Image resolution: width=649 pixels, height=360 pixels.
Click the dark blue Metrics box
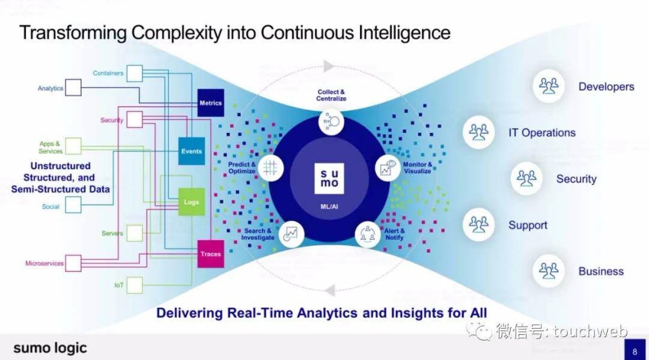[x=210, y=103]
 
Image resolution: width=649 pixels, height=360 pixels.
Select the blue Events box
[x=192, y=151]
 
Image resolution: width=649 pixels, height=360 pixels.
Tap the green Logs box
[x=191, y=203]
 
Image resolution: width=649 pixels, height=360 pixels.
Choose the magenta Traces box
[x=210, y=254]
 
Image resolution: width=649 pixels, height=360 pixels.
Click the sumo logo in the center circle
[x=329, y=177]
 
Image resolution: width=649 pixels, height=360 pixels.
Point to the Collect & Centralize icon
[x=331, y=121]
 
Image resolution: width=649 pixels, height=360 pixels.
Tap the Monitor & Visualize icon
[x=388, y=168]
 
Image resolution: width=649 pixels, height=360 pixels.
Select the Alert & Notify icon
[x=368, y=233]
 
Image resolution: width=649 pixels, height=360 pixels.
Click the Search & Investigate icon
[x=291, y=233]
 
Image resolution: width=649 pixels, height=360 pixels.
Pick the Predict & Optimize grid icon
[x=270, y=168]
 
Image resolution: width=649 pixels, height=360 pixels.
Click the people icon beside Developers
[x=549, y=86]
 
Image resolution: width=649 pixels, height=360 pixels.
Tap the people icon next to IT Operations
[x=479, y=132]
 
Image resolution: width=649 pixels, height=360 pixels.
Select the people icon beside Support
[x=479, y=225]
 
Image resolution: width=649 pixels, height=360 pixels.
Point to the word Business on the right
[x=600, y=271]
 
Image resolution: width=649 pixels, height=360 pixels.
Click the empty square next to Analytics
[x=73, y=88]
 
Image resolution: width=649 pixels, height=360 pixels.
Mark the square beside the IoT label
[x=135, y=284]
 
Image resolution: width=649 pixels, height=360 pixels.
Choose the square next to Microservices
[x=73, y=263]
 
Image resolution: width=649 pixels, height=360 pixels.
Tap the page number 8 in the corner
[x=635, y=350]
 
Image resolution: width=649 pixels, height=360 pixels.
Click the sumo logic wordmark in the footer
[x=50, y=348]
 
